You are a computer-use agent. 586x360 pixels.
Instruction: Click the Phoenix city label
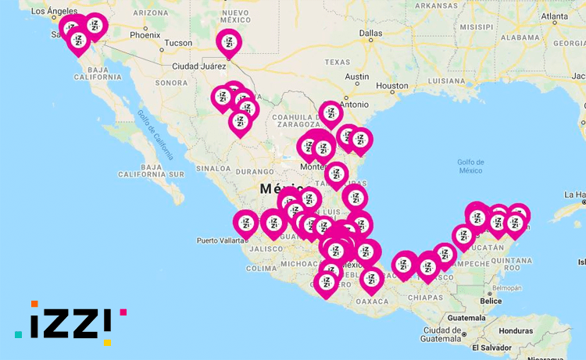tap(145, 34)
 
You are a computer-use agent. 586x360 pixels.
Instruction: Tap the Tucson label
tap(179, 43)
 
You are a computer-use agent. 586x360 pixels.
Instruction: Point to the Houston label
tap(391, 86)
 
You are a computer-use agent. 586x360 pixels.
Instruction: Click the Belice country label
tap(491, 301)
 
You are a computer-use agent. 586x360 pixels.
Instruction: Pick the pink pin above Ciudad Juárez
tap(229, 42)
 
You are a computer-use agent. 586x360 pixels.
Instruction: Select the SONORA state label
tap(172, 83)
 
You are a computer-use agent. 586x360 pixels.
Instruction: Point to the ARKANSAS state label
tap(437, 5)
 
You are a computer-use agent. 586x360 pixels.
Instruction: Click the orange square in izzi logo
tap(34, 304)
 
